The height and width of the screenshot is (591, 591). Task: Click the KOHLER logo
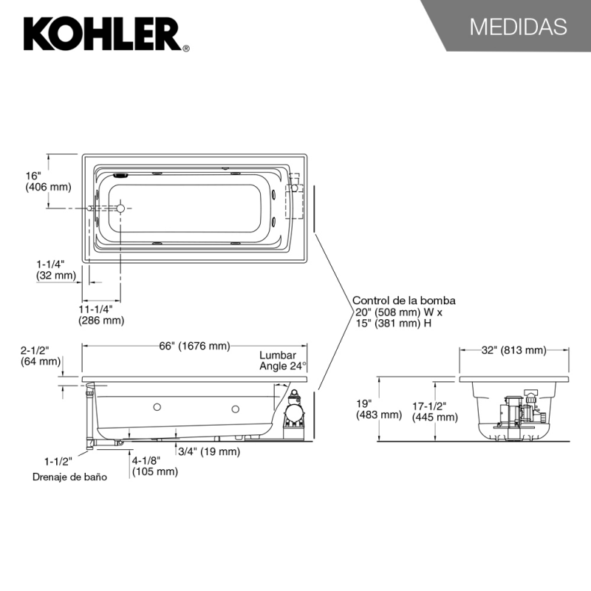click(106, 34)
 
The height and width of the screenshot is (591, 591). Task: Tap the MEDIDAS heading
click(519, 27)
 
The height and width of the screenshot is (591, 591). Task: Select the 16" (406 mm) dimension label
click(48, 181)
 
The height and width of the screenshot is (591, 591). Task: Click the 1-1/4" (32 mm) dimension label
click(56, 270)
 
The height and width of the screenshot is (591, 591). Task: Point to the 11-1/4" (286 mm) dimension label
click(101, 315)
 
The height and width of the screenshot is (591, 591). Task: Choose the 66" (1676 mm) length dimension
click(194, 346)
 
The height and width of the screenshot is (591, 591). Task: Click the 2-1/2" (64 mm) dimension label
click(41, 356)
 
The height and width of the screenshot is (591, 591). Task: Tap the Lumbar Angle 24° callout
click(283, 361)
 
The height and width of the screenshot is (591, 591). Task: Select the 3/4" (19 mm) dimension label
click(209, 451)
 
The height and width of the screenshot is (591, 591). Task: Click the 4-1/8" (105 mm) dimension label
click(154, 466)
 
